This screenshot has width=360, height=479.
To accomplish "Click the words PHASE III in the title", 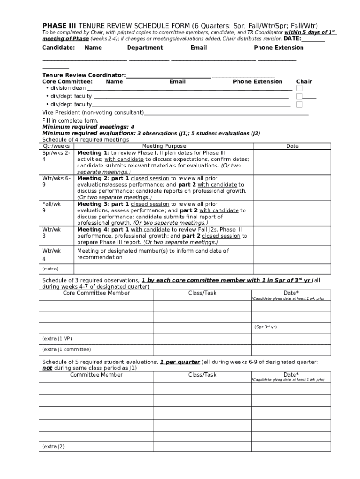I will (x=59, y=25).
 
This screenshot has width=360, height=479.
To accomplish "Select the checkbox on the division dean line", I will (x=300, y=88).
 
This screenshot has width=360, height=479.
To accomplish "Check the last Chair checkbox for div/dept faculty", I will (x=300, y=104).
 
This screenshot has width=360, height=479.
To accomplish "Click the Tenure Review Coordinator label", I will (x=84, y=75).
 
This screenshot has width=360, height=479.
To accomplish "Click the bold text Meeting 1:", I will (x=93, y=153).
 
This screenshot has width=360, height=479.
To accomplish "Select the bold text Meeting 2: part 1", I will (x=103, y=178).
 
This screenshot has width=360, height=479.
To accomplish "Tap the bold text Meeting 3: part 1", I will (x=103, y=204).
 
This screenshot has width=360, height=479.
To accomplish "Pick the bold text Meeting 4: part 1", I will (x=103, y=230).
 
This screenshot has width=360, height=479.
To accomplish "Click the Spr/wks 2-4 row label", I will (x=56, y=156).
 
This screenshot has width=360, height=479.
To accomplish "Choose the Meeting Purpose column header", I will (x=164, y=146).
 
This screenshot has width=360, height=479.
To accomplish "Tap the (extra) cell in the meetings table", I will (x=50, y=269).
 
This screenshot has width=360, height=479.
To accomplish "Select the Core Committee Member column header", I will (x=96, y=293).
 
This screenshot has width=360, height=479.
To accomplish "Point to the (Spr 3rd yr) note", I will (x=266, y=327).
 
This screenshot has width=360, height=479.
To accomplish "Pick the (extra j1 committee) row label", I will (x=66, y=349).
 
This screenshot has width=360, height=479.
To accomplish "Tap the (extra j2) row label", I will (x=53, y=447).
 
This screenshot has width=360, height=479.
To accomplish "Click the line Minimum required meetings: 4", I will (x=88, y=127).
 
